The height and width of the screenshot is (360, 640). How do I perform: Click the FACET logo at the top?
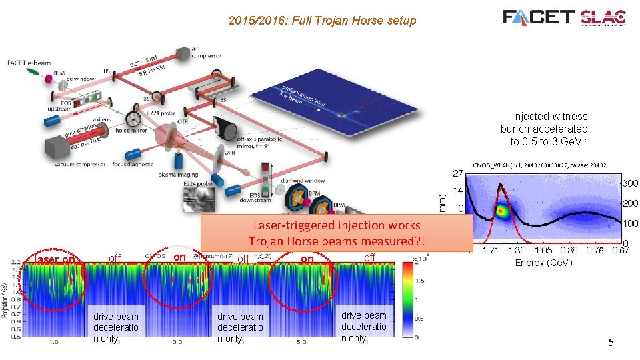pos(539,17)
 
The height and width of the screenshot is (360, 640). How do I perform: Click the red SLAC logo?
pos(603,17)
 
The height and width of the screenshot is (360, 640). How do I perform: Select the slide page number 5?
pos(611,343)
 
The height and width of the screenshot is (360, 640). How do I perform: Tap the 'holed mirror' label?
pos(133,131)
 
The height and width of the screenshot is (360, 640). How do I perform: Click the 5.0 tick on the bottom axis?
pos(301,342)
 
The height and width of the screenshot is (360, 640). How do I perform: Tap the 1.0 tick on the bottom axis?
pos(53,342)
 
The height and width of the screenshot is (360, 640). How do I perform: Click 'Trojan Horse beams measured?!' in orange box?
pos(337,241)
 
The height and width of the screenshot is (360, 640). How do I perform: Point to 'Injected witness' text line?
pos(549,117)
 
